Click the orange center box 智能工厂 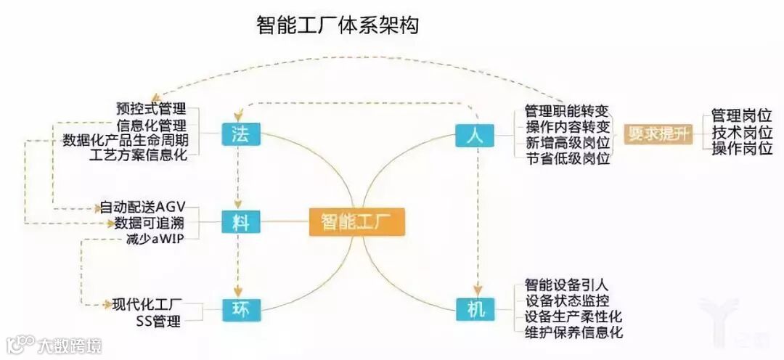click(x=356, y=221)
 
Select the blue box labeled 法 click(x=240, y=135)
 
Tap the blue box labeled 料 click(x=240, y=221)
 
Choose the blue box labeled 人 click(x=475, y=135)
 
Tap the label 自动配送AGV click(x=142, y=208)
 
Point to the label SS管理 click(x=158, y=321)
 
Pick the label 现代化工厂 click(x=147, y=304)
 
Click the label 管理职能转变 click(x=566, y=111)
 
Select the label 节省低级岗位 click(x=566, y=159)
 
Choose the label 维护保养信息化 click(x=573, y=333)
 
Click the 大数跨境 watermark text click(x=70, y=345)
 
